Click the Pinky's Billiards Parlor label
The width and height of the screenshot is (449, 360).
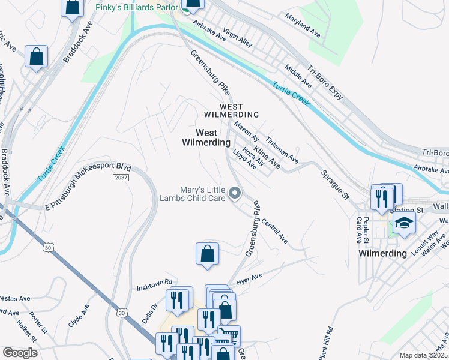coord(137,7)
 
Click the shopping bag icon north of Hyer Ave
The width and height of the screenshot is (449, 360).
coord(207,253)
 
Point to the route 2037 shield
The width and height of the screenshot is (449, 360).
coord(121,178)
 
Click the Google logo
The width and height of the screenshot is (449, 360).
coord(20,353)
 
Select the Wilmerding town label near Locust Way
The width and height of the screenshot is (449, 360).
coord(382,253)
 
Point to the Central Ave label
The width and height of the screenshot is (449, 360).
coord(274,230)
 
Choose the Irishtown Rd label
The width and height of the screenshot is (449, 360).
coord(154,281)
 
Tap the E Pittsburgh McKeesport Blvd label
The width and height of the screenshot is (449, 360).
coord(88,187)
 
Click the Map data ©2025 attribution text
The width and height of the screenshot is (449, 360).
coord(423,355)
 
